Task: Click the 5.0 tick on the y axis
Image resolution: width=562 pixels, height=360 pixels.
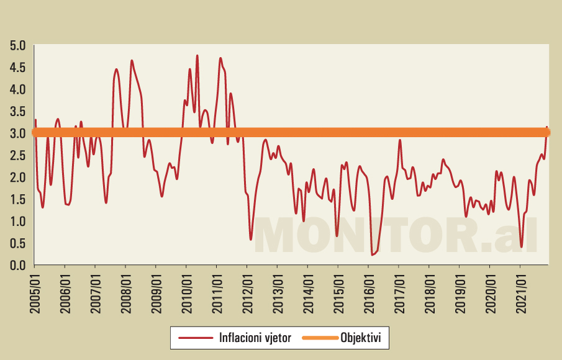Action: click(17, 45)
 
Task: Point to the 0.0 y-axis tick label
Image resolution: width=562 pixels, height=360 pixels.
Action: click(17, 265)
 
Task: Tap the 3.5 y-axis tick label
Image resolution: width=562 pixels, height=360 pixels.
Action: click(17, 111)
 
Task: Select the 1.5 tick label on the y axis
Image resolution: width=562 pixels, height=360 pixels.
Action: click(17, 199)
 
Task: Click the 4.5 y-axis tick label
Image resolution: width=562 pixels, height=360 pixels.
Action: click(17, 67)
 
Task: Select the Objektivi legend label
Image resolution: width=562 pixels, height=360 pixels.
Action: click(365, 338)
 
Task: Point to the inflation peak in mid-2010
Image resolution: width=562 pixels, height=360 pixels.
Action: click(197, 56)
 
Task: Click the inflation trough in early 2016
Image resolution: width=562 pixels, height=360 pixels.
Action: click(372, 254)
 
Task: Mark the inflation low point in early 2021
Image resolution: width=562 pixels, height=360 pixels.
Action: click(522, 246)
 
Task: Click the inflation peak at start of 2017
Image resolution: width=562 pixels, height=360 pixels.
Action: click(400, 140)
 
